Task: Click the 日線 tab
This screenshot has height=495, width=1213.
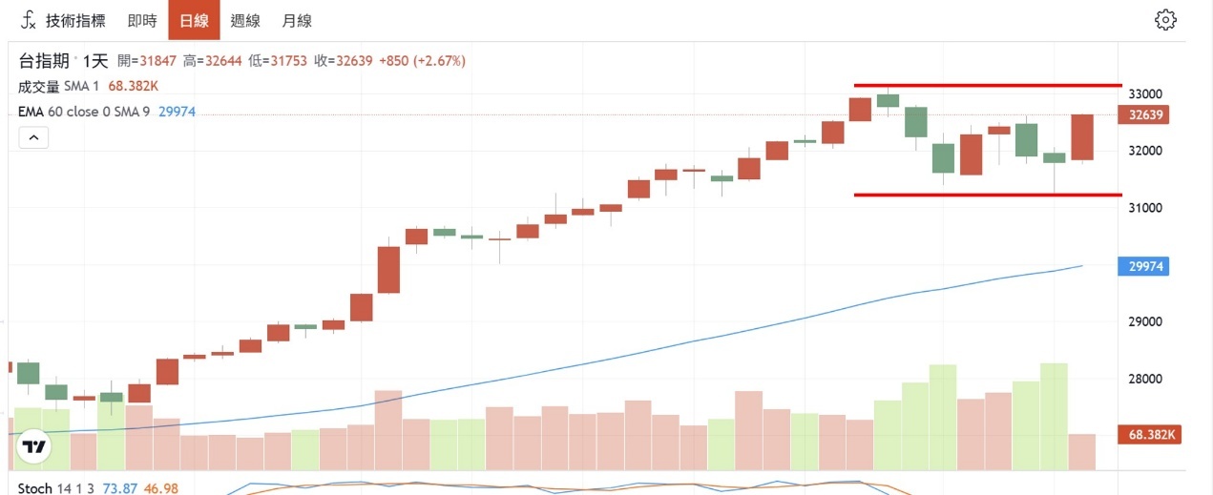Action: tap(194, 21)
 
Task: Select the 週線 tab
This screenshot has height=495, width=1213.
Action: tap(245, 21)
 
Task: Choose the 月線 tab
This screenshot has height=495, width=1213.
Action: tap(297, 21)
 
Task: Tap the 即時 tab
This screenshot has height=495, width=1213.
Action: tap(142, 21)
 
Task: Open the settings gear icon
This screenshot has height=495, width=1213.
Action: tap(1165, 20)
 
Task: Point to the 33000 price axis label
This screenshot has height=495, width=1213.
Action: tap(1146, 94)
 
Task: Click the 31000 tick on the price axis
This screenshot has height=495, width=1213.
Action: tap(1146, 208)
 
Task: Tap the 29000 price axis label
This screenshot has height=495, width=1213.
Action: tap(1146, 321)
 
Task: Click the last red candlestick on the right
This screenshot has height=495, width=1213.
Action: tap(1081, 137)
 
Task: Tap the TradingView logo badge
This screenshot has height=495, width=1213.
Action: tap(34, 446)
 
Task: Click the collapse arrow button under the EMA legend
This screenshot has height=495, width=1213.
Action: tap(32, 137)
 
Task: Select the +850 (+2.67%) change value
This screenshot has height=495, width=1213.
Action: tap(422, 61)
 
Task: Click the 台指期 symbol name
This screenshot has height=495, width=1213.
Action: tap(44, 61)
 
